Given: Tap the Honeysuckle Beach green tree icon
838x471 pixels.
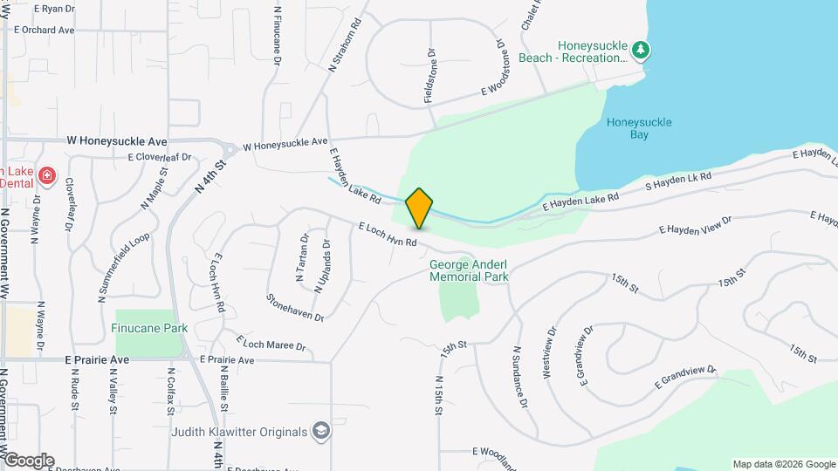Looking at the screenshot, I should click(x=642, y=51).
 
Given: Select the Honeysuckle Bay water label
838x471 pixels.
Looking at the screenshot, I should click(x=639, y=128).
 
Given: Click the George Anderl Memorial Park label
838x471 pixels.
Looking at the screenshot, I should click(x=469, y=270).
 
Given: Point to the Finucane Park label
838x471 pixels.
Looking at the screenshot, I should click(x=150, y=329).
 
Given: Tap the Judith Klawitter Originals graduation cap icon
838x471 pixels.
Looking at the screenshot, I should click(x=321, y=432).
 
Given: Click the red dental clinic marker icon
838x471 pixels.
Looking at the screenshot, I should click(x=47, y=178).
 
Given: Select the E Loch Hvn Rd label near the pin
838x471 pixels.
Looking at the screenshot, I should click(x=388, y=234).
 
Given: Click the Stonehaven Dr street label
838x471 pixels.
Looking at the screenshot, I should click(x=295, y=306).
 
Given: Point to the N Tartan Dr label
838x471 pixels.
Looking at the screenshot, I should click(x=302, y=259).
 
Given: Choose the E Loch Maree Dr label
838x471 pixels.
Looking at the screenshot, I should click(x=271, y=340).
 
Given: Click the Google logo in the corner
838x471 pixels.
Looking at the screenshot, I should click(x=29, y=461).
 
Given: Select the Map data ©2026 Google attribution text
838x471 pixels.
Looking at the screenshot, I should click(x=784, y=464).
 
